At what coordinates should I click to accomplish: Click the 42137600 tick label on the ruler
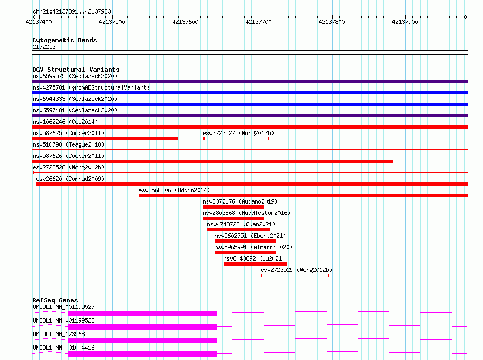pos(185,22)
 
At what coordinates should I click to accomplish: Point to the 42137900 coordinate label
pos(405,22)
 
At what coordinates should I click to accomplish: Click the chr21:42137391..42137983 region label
pos(72,11)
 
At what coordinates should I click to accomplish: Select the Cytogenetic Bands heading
pos(65,40)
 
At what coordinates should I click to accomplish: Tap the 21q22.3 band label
pos(44,47)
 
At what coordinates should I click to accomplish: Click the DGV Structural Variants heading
pos(76,70)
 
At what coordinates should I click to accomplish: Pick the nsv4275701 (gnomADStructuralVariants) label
pos(93,87)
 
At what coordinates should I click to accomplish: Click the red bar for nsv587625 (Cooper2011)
pos(105,138)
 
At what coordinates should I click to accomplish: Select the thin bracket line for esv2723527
pos(236,138)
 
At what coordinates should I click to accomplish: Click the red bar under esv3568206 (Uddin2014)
pos(303,195)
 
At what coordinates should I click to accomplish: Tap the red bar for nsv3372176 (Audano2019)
pos(233,207)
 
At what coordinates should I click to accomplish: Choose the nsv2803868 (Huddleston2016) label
pos(246,213)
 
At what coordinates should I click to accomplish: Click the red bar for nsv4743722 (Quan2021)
pos(239,230)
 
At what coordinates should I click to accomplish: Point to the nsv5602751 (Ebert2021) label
pos(250,236)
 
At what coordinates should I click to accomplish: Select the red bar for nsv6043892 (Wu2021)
pos(255,264)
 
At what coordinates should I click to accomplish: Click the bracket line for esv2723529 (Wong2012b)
pos(295,275)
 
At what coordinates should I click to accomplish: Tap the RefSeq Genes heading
pos(55,300)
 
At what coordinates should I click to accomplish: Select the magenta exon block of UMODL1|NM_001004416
pos(142,354)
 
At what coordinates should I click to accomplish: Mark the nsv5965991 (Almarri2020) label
pos(253,247)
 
